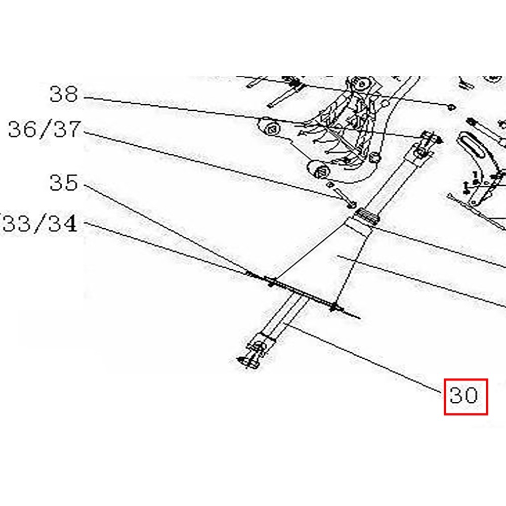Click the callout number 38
coord(64,94)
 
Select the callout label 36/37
coord(44,130)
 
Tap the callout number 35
coord(64,183)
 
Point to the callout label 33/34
coord(39,223)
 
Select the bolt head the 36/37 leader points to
coord(352,204)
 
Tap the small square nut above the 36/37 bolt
coord(329,184)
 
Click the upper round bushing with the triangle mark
coord(271,129)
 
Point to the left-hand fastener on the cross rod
coord(272,281)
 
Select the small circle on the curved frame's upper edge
coord(385,104)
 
